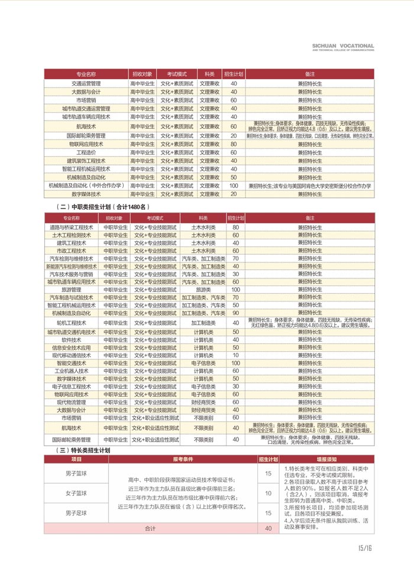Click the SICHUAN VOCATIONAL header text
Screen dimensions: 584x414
pos(342,45)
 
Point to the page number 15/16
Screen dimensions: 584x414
pos(365,548)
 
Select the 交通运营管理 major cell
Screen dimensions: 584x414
pos(86,83)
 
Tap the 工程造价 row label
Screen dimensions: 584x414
pos(86,153)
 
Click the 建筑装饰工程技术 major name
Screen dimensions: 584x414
pos(86,161)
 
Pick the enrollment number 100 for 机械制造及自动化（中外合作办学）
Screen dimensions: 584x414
pos(234,186)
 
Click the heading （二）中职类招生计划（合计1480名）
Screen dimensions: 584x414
pos(102,207)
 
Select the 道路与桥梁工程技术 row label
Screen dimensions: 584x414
pos(72,227)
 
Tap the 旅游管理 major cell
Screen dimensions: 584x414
pos(72,290)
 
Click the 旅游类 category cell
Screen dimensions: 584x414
pos(203,290)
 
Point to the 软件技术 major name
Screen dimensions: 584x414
pos(72,340)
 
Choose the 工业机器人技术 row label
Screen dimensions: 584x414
pos(72,371)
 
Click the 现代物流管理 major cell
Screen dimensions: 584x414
pos(72,402)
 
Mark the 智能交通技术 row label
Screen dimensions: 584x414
pos(72,363)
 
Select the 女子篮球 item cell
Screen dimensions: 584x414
pos(76,493)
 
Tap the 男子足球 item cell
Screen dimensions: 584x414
pos(76,512)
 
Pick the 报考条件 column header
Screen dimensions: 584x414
pos(183,459)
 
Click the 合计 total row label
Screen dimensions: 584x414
pos(151,528)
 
